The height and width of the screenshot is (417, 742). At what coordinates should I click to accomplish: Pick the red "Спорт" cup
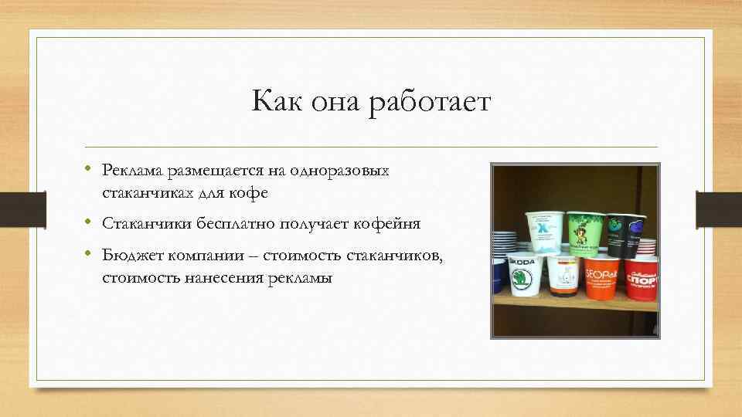[642, 277]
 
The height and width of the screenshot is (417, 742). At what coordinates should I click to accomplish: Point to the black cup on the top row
[625, 233]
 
